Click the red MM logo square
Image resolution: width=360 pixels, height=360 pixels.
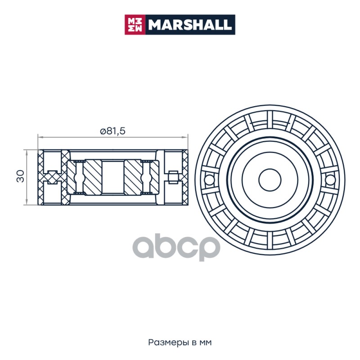tap(135, 25)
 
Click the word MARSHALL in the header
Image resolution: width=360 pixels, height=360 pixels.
tap(190, 25)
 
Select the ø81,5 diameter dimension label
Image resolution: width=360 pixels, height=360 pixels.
tap(113, 131)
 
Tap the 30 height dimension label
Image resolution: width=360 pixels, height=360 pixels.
tap(20, 176)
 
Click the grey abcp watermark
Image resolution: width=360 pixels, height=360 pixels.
tap(176, 247)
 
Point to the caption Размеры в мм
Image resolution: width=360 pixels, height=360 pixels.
tap(180, 342)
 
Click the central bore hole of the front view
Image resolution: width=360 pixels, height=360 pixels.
tap(270, 180)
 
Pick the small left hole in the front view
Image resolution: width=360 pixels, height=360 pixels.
tap(209, 180)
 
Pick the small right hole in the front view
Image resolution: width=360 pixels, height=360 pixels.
tap(330, 180)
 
